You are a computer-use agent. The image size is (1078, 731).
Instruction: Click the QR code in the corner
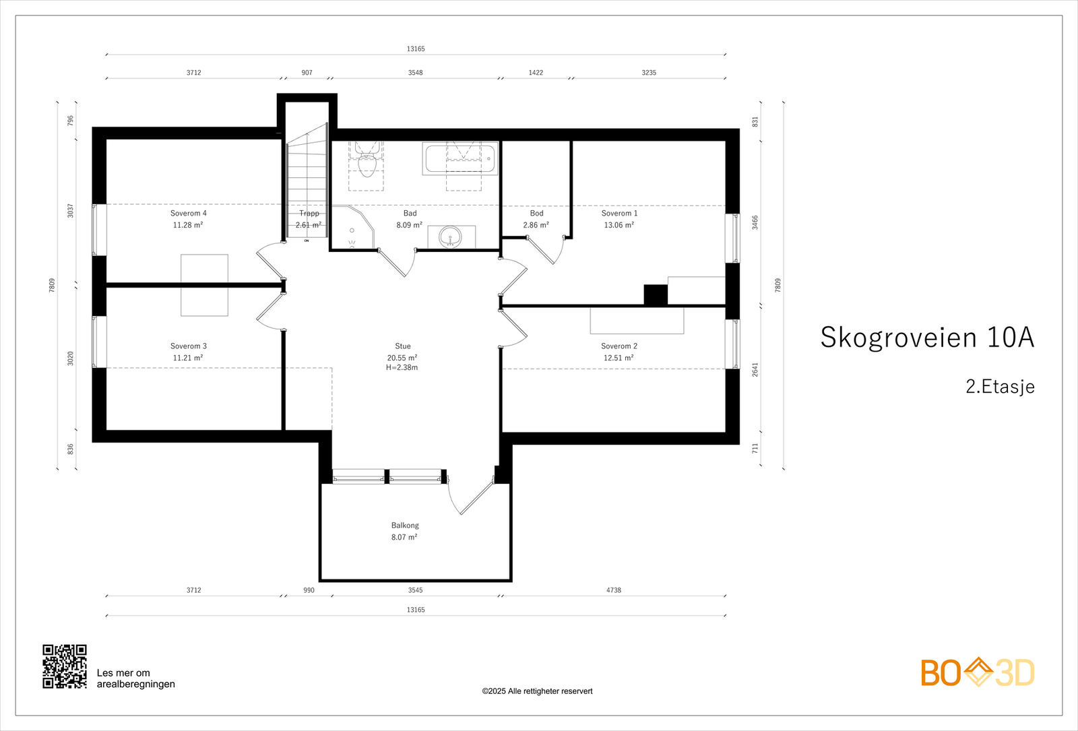65,666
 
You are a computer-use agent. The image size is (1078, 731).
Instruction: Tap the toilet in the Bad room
367,163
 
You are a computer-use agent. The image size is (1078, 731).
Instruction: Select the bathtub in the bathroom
461,159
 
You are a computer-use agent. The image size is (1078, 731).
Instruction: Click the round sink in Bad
451,237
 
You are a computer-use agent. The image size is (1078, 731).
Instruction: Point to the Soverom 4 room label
188,214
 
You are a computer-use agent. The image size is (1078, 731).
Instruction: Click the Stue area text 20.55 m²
402,358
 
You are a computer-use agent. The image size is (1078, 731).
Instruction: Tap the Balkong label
405,526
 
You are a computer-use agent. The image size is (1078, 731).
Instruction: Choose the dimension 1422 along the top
536,73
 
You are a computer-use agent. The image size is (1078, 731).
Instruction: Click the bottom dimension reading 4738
613,590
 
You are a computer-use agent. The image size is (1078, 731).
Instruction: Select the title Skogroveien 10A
926,338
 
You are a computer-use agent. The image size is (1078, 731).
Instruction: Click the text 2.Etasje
999,387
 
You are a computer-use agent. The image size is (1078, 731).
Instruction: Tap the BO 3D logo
977,672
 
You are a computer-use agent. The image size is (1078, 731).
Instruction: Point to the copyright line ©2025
537,691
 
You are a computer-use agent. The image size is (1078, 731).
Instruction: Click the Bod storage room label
536,214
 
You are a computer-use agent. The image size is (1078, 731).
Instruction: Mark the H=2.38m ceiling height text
402,368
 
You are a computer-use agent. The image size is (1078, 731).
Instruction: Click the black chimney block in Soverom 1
655,295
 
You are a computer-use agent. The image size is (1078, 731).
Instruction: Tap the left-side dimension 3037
71,211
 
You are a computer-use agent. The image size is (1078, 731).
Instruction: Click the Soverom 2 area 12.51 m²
618,358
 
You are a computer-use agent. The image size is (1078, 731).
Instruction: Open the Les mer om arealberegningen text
135,678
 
